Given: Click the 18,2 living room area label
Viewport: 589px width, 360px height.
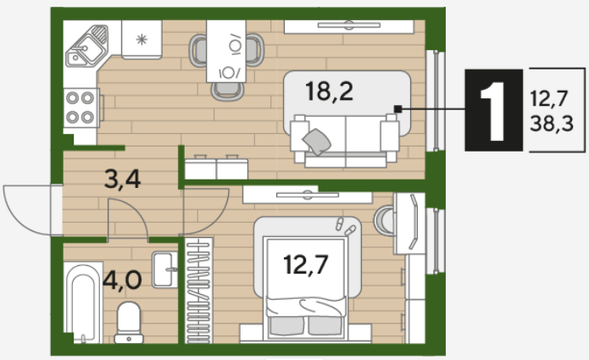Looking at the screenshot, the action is pyautogui.click(x=329, y=91).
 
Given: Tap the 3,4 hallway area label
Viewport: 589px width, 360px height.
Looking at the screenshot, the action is pyautogui.click(x=122, y=179).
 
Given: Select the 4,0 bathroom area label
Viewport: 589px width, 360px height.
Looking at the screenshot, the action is pyautogui.click(x=122, y=280).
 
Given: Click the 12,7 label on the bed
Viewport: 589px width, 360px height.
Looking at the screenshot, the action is pyautogui.click(x=306, y=264).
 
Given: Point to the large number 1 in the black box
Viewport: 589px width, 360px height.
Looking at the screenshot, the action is pyautogui.click(x=493, y=111).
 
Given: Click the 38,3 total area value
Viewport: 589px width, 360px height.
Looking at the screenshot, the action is pyautogui.click(x=552, y=123).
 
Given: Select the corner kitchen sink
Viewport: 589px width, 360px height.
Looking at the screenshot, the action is pyautogui.click(x=86, y=46).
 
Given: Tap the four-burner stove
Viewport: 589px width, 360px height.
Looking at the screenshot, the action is pyautogui.click(x=81, y=108).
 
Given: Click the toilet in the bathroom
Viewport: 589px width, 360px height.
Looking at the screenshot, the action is pyautogui.click(x=129, y=323).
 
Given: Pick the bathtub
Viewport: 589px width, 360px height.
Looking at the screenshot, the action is pyautogui.click(x=83, y=302).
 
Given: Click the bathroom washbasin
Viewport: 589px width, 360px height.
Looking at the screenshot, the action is pyautogui.click(x=164, y=269).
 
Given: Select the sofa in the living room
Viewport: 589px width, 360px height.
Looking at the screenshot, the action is pyautogui.click(x=345, y=140).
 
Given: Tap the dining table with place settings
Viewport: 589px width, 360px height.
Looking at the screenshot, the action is pyautogui.click(x=226, y=51).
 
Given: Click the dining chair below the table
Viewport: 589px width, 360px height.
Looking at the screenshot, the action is pyautogui.click(x=227, y=91).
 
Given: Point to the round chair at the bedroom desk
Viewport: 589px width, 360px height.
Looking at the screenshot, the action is pyautogui.click(x=384, y=220).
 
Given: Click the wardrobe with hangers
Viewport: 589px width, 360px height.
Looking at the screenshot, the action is pyautogui.click(x=198, y=291).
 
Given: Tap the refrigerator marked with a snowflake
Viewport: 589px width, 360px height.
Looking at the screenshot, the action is pyautogui.click(x=142, y=40).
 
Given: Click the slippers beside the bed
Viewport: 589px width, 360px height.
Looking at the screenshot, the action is pyautogui.click(x=345, y=226).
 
